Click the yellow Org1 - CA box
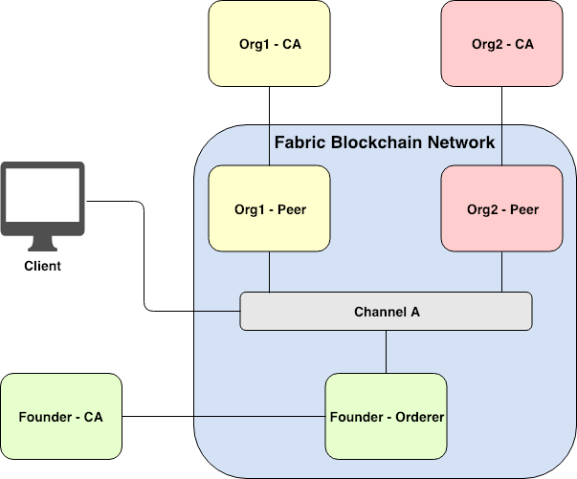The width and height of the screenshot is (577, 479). point(269,44)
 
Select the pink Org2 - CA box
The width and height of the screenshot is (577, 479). point(502,44)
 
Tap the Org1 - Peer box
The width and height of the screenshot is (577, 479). point(269,209)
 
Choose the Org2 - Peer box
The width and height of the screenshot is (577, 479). point(502,209)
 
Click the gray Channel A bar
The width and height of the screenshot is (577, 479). point(386,312)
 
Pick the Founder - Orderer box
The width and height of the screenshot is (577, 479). point(386,417)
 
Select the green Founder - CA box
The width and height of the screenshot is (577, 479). point(61,417)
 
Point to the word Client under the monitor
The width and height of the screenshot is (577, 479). point(42,266)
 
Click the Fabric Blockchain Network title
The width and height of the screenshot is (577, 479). point(385,143)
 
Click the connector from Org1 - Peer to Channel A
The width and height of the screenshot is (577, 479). point(269,272)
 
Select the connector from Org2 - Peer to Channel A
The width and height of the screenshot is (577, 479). point(502,272)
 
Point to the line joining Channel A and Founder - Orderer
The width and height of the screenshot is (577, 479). point(386,352)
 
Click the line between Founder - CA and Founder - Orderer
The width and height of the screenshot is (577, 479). point(225,417)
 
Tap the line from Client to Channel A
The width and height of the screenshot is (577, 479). point(144,258)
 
